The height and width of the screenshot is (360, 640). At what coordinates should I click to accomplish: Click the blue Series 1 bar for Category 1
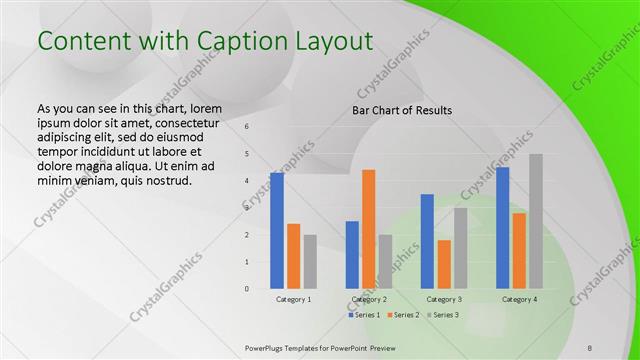[277, 231]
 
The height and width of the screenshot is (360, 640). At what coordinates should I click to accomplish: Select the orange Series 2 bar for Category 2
[369, 229]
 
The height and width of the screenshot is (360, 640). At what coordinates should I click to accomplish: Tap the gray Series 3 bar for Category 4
[536, 221]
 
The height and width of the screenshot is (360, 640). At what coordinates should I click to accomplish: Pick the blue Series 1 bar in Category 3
[427, 241]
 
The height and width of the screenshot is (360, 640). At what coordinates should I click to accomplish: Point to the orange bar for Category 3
[444, 264]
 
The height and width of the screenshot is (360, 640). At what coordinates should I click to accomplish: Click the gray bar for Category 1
[310, 262]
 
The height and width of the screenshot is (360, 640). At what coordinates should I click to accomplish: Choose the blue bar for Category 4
[503, 228]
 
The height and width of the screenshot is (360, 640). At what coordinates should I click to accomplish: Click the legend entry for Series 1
[366, 315]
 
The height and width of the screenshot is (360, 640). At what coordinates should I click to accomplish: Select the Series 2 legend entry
[403, 315]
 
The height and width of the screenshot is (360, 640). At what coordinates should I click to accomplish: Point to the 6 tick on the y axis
[247, 127]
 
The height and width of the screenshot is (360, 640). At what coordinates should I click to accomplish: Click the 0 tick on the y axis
[247, 289]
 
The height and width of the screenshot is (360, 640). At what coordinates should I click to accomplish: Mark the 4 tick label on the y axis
[247, 181]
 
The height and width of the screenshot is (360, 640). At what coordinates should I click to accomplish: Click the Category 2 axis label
[369, 299]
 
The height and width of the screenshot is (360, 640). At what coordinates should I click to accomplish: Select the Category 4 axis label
[520, 299]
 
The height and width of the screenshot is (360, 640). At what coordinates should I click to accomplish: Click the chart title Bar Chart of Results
[402, 110]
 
